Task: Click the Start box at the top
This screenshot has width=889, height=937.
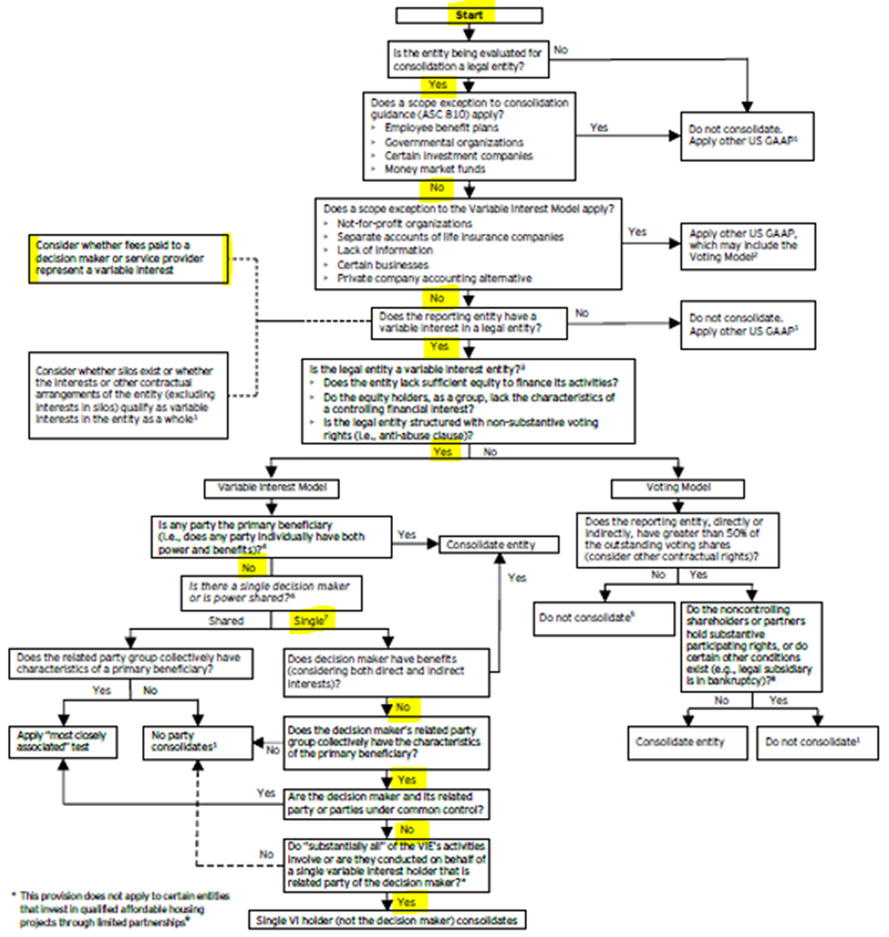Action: click(471, 16)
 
